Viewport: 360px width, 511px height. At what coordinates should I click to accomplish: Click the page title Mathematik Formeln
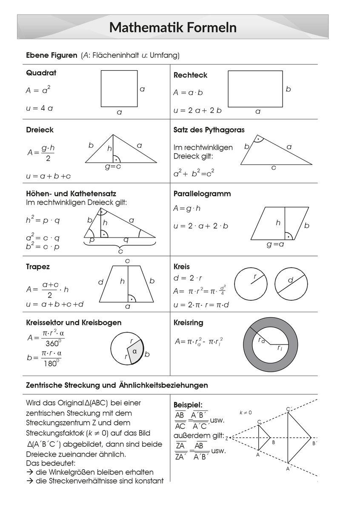pos(173,28)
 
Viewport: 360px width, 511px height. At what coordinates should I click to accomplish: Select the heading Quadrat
pos(41,73)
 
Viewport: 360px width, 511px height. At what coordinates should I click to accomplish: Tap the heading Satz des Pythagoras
pos(209,129)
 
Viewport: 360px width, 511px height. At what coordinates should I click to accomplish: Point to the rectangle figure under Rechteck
pos(255,89)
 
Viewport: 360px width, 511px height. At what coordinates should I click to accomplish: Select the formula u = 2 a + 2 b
pos(197,110)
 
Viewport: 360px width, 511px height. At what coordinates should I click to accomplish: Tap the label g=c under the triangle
pos(113,167)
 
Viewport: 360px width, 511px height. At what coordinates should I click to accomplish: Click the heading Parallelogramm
pos(202,194)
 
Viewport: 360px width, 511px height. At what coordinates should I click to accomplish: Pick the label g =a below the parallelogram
pos(275,244)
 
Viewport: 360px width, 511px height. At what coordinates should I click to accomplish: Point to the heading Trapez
pos(38,267)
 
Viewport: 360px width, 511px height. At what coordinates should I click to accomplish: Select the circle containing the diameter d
pos(291,284)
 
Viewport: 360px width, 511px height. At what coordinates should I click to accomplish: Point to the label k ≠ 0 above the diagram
pos(246,413)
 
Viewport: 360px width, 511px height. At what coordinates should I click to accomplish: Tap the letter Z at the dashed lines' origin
pos(227,438)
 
